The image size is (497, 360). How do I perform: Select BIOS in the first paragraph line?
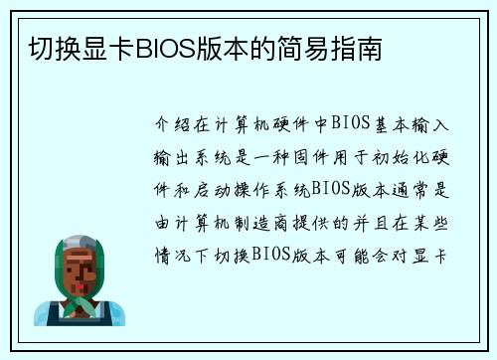(351, 124)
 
